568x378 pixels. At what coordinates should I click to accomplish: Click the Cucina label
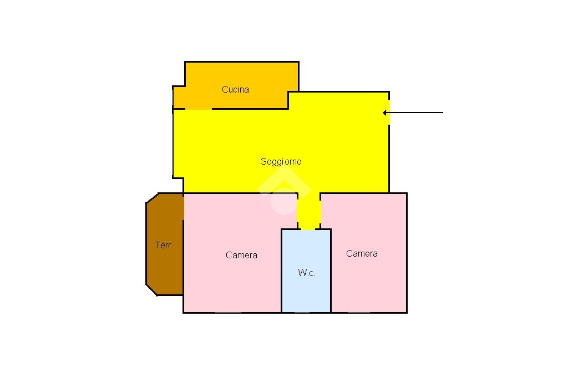tap(235, 89)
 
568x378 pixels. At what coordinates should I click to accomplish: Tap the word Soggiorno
tap(281, 161)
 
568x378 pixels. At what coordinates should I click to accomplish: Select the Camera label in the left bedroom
tap(241, 255)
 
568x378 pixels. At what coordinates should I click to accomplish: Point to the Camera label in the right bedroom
tap(362, 253)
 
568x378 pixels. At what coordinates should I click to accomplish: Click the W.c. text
tap(307, 273)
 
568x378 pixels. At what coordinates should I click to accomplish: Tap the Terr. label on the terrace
tap(164, 245)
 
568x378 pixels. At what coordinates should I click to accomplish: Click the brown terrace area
tap(165, 266)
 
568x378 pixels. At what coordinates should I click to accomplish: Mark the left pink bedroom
tap(233, 283)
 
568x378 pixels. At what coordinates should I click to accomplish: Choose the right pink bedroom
tap(369, 283)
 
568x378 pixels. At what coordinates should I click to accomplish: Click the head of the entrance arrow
tap(384, 113)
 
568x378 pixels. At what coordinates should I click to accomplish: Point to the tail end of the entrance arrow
tap(442, 113)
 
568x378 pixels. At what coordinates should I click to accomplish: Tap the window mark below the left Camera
tap(227, 313)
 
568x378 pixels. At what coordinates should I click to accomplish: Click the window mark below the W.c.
tap(302, 313)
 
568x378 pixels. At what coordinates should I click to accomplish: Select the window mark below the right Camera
tap(358, 313)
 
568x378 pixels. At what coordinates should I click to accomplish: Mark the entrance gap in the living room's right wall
tap(389, 112)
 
